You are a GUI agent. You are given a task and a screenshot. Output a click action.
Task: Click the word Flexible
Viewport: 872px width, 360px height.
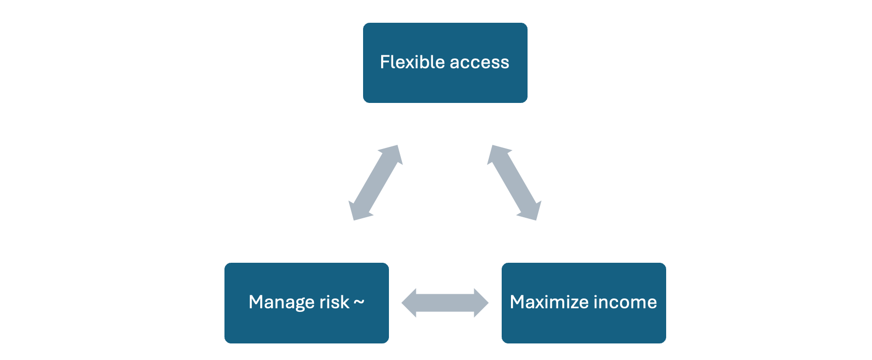pos(412,62)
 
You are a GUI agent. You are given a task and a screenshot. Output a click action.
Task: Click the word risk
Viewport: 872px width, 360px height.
pos(334,302)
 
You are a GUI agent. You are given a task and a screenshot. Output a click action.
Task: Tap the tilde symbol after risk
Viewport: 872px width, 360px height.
pos(358,302)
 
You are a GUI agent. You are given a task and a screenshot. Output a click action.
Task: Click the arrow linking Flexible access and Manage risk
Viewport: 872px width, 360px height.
pos(375,183)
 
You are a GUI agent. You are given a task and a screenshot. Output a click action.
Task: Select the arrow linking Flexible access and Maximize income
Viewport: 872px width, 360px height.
pos(514,183)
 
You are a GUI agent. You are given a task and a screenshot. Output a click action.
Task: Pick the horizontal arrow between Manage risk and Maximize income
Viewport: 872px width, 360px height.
pos(445,303)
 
